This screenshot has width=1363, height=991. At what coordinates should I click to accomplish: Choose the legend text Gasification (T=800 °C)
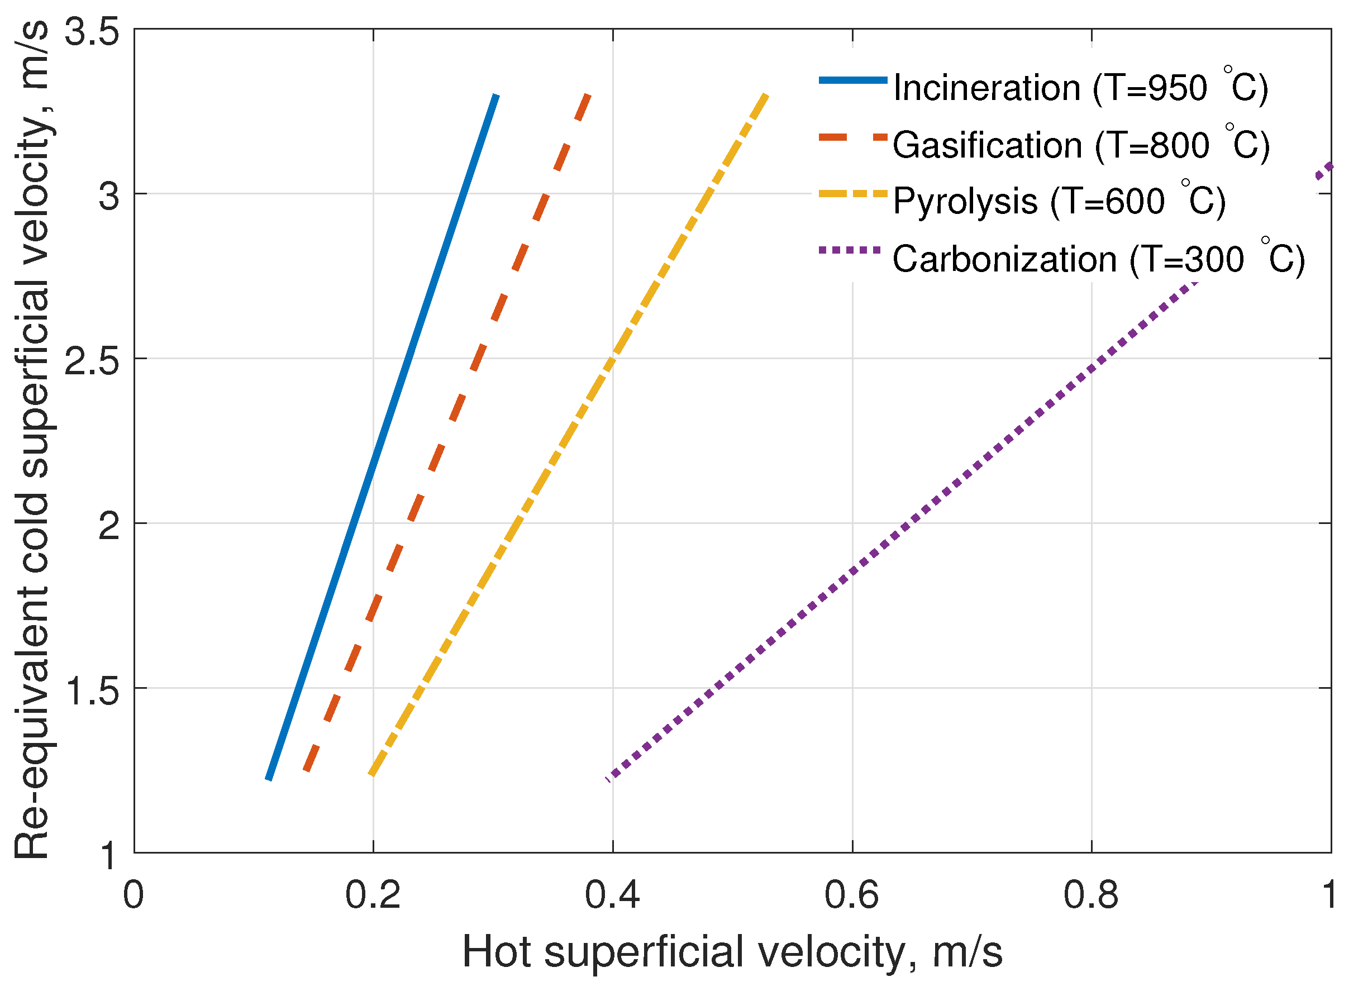(x=1080, y=145)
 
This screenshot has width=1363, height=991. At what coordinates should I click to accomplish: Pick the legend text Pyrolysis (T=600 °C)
(x=1059, y=201)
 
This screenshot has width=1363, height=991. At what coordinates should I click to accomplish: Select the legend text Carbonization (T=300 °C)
(x=1098, y=260)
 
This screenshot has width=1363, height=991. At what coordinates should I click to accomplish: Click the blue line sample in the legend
(x=853, y=80)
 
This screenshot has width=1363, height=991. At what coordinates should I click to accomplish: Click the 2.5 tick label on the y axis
(x=92, y=360)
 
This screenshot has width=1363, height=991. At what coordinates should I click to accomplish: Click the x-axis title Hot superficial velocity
(x=732, y=952)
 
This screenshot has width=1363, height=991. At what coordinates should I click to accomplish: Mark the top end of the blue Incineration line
(x=496, y=96)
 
